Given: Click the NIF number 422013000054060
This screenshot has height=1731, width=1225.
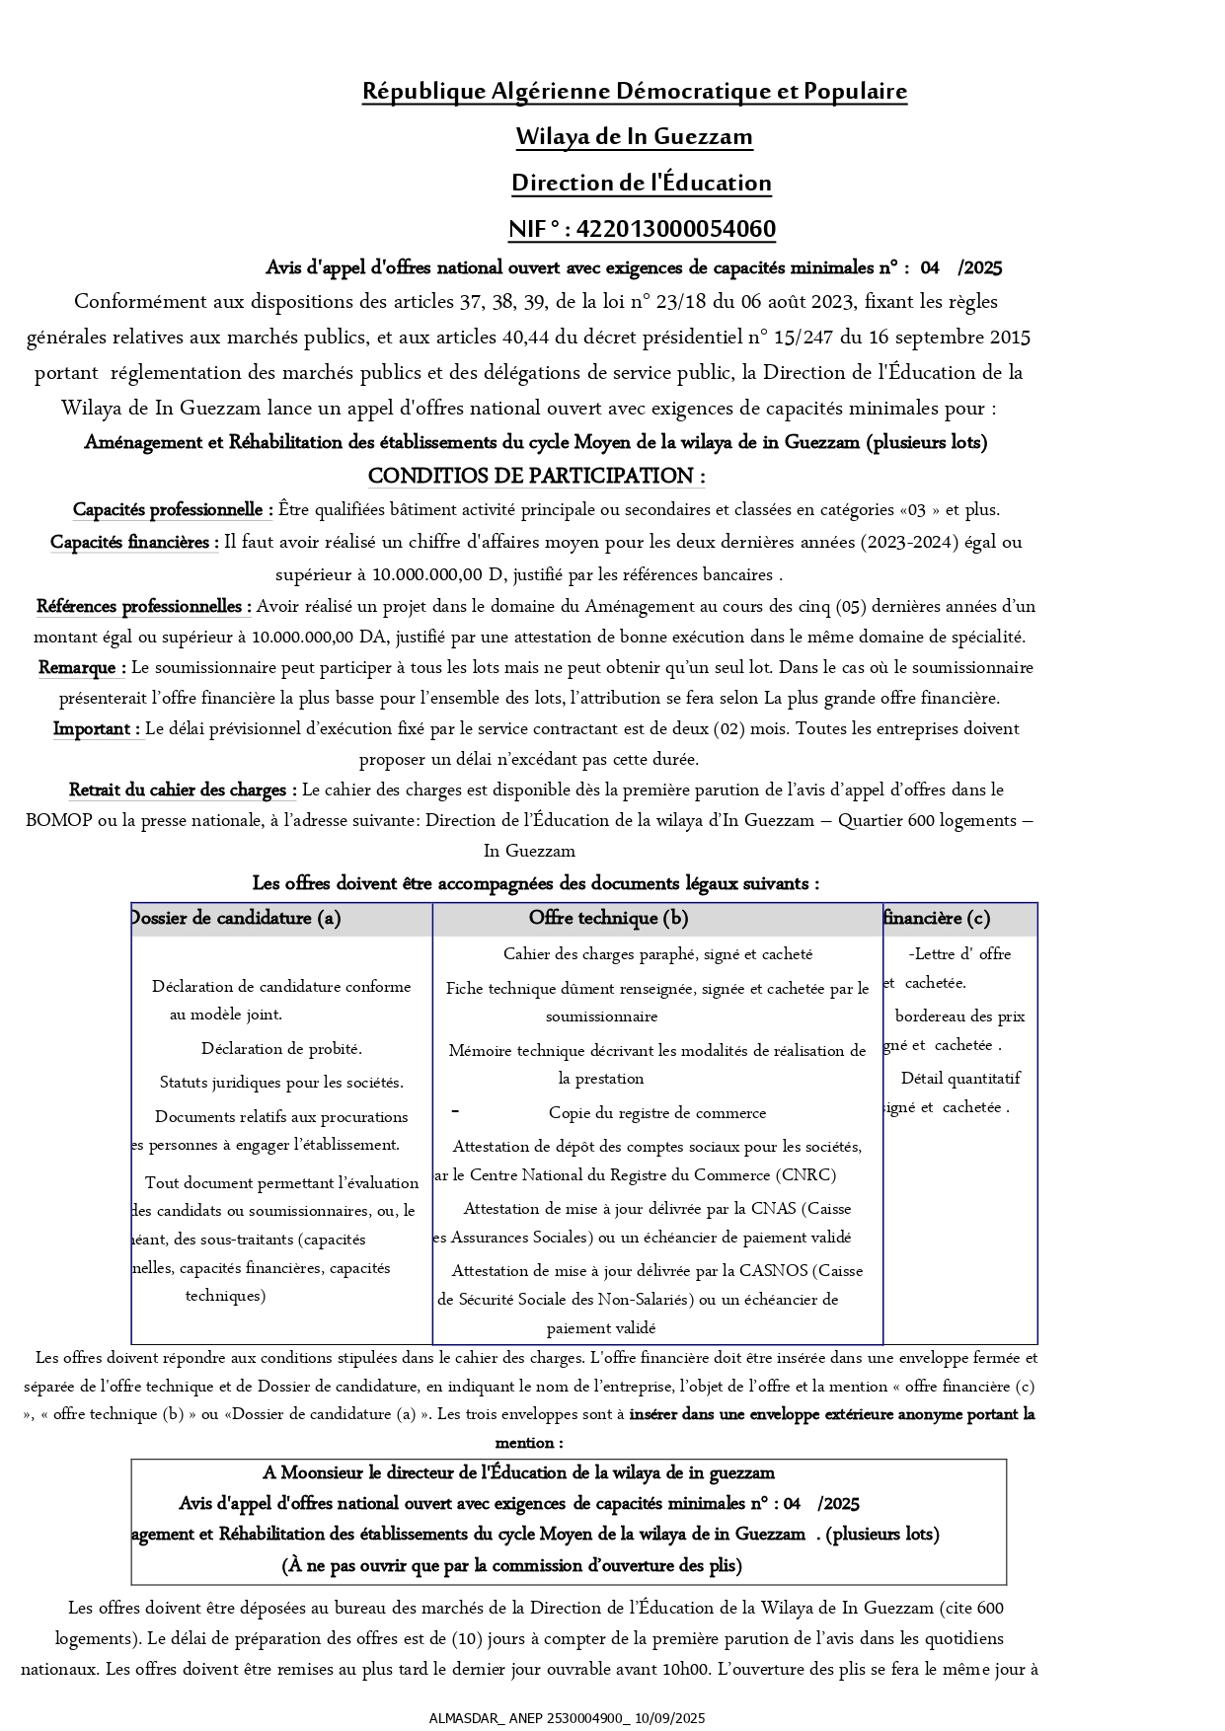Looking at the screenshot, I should click(675, 229).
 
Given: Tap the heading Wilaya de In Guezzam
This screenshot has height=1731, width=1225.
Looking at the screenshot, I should click(634, 136).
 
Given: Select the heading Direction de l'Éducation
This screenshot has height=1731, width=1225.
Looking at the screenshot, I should click(641, 183).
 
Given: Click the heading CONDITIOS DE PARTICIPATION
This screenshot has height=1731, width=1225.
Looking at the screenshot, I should click(536, 476).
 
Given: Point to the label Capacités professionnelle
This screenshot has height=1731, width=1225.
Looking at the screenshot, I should click(173, 510).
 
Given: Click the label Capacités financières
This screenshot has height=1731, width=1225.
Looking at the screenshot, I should click(134, 542).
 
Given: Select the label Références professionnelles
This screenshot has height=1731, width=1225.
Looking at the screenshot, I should click(143, 606).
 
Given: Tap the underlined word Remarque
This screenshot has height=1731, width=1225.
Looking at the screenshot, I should click(81, 667).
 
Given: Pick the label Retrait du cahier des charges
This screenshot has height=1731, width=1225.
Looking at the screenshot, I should click(183, 790).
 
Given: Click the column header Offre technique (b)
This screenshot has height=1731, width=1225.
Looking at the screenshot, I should click(608, 918).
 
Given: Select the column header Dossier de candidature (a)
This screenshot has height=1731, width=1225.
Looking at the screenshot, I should click(236, 918).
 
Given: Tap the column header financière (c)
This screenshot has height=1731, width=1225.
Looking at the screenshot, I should click(937, 918).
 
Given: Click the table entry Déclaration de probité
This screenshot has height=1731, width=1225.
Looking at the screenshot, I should click(281, 1048).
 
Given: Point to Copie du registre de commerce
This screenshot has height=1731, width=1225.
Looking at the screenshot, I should click(657, 1112).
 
